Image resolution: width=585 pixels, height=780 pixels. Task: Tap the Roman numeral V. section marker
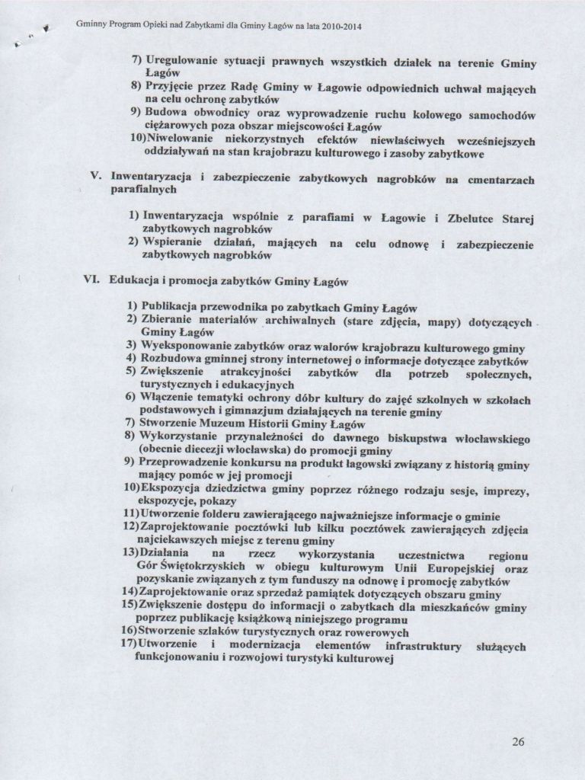pyautogui.click(x=97, y=178)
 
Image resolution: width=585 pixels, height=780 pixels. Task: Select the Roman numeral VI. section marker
pyautogui.click(x=93, y=281)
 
